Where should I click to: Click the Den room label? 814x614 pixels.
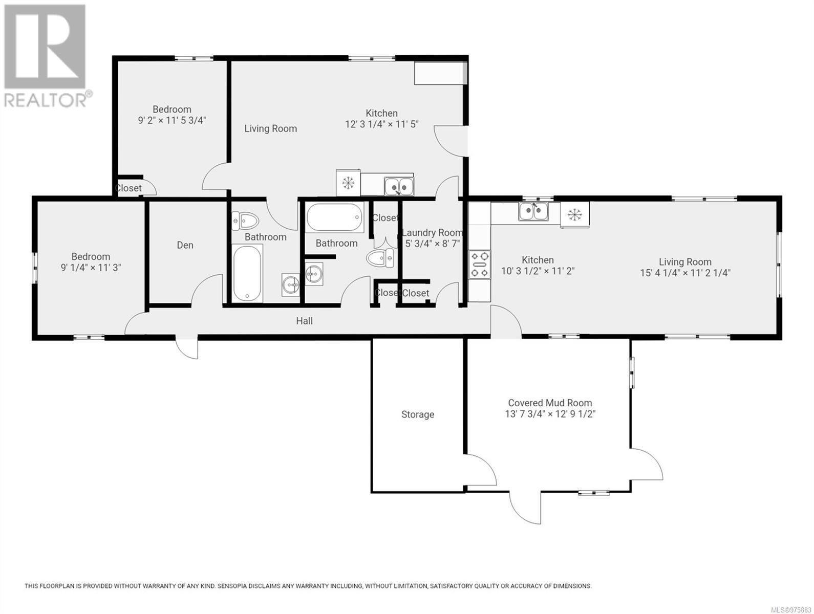pos(185,245)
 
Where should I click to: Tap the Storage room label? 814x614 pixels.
pos(418,414)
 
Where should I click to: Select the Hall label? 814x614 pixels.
pos(304,321)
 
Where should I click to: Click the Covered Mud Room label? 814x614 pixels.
pos(550,403)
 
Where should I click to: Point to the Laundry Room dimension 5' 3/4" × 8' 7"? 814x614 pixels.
pos(433,244)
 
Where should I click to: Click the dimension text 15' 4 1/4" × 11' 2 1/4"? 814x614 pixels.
pos(685,273)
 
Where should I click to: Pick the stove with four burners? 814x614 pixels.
pos(480,264)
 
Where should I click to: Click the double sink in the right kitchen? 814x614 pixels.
pos(533,212)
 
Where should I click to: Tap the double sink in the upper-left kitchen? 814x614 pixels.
pos(399,186)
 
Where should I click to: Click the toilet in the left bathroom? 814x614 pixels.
pos(245,221)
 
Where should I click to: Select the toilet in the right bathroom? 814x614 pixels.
pos(380,258)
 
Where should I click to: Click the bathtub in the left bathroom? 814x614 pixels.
pos(248,273)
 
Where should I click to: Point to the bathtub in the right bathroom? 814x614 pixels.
pos(334,217)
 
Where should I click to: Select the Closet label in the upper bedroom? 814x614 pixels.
pos(128,188)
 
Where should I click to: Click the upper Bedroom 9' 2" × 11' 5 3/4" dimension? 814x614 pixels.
pos(172,120)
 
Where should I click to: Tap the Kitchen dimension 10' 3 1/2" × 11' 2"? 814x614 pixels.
pos(538,271)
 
